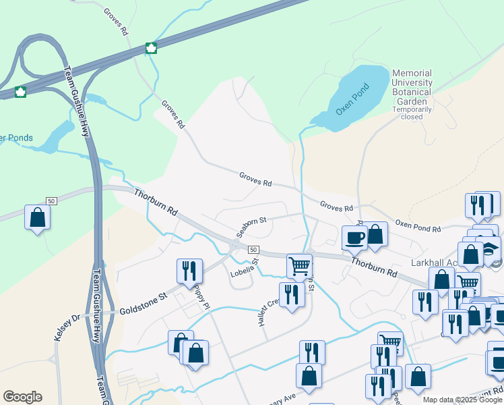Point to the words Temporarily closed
(412, 113)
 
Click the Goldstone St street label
(143, 304)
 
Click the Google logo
(22, 397)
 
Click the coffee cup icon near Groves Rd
(355, 237)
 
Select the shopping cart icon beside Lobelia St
(298, 265)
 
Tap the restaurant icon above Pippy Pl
(189, 270)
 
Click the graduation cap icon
(491, 246)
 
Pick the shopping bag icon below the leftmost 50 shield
(37, 217)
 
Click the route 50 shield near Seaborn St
(253, 249)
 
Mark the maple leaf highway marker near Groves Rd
(152, 48)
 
